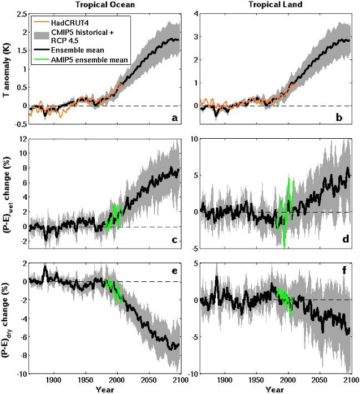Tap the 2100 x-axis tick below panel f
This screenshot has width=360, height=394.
pyautogui.click(x=350, y=380)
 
